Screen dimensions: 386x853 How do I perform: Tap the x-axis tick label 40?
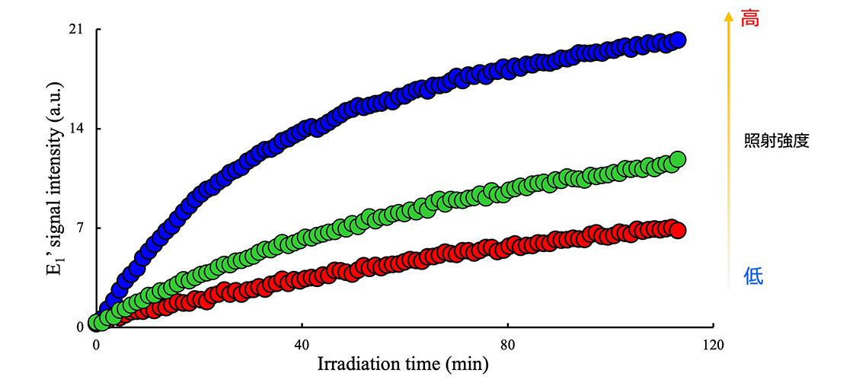pos(302,343)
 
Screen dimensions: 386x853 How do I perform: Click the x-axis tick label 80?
pos(507,343)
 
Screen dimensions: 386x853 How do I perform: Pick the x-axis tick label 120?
pos(713,343)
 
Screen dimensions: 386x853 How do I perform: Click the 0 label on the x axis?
pos(96,343)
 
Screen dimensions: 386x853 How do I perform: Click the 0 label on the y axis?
pos(78,327)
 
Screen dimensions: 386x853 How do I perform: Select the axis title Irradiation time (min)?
pos(402,364)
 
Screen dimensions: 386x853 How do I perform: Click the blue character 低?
pos(752,277)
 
